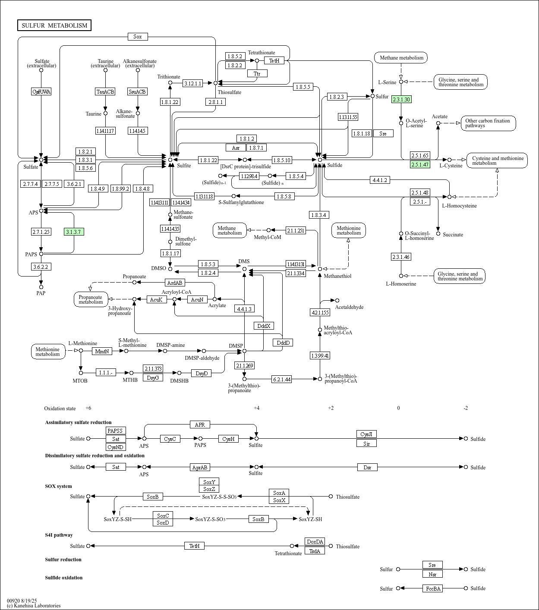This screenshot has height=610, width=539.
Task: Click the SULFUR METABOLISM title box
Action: click(54, 25)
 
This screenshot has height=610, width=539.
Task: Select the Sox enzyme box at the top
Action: click(138, 37)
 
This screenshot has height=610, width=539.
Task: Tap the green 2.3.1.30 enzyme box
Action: click(401, 100)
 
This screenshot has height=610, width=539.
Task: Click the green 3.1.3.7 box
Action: click(74, 232)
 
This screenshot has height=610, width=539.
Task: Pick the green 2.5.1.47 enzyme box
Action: click(420, 164)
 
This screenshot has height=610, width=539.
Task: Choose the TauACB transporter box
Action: click(105, 91)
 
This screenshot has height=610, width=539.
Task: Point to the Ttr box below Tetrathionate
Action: click(257, 73)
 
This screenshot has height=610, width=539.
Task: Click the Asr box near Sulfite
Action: click(236, 148)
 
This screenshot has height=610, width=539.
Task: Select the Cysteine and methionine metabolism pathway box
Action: click(497, 160)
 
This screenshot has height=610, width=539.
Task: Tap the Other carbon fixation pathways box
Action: click(488, 123)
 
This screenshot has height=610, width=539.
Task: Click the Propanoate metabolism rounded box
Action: click(91, 299)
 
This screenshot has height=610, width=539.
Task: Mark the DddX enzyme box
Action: click(264, 326)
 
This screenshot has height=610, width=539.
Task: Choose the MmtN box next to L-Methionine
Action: click(102, 351)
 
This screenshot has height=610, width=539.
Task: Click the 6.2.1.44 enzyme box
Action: click(282, 379)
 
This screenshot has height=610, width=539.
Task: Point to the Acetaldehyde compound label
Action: click(349, 307)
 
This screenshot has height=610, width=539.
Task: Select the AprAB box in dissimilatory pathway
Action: click(200, 467)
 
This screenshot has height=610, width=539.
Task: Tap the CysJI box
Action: click(366, 434)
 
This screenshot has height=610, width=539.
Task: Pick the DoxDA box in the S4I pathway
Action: click(315, 542)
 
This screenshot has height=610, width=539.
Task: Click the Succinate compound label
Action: click(453, 235)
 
